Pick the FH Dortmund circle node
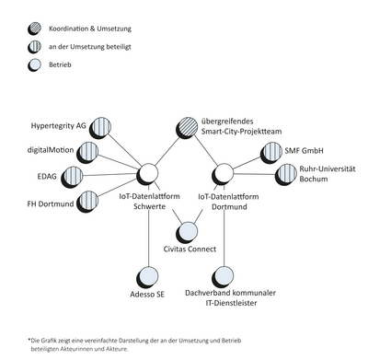88,200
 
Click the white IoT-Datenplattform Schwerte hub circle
147,174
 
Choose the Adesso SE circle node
147,275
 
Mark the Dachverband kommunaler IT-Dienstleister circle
222,275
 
